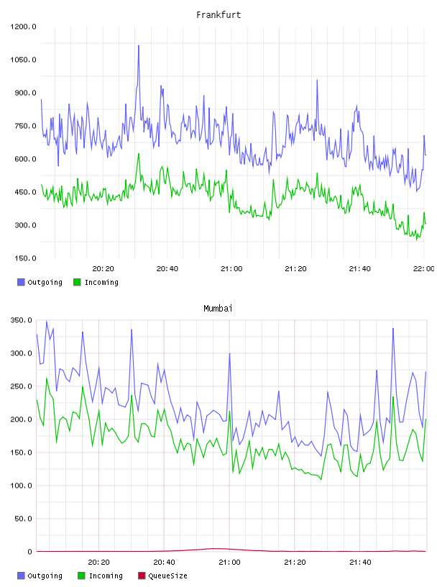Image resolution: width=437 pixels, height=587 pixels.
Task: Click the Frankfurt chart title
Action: pyautogui.click(x=218, y=14)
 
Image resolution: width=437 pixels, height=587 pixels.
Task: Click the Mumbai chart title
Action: pyautogui.click(x=218, y=308)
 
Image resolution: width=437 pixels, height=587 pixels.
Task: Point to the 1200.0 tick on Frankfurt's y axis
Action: pyautogui.click(x=23, y=27)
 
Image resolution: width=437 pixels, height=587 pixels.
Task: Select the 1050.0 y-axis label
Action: pyautogui.click(x=23, y=60)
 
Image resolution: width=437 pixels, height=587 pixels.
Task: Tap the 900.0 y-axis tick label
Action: pyautogui.click(x=25, y=93)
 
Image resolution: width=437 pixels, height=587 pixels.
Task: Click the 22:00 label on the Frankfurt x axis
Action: pyautogui.click(x=424, y=268)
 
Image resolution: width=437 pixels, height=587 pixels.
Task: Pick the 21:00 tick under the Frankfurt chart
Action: pyautogui.click(x=231, y=268)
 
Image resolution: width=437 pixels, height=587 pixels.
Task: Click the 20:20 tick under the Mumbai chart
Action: pyautogui.click(x=98, y=562)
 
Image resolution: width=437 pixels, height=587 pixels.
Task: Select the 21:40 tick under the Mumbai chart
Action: pyautogui.click(x=360, y=562)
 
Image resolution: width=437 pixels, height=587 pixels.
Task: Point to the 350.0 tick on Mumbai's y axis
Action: pyautogui.click(x=22, y=320)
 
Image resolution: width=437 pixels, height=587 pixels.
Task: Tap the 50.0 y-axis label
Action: pyautogui.click(x=23, y=519)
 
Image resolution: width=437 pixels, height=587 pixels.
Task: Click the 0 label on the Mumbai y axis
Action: pyautogui.click(x=30, y=552)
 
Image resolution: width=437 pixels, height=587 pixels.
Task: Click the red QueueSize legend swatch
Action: pyautogui.click(x=142, y=575)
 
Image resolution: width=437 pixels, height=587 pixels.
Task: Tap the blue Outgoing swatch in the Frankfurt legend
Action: pyautogui.click(x=21, y=282)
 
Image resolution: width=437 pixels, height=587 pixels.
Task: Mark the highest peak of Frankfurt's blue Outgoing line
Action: pyautogui.click(x=139, y=45)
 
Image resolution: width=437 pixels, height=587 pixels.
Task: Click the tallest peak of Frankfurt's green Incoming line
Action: pyautogui.click(x=139, y=153)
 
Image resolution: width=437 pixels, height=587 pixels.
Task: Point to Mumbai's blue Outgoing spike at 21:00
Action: pyautogui.click(x=230, y=353)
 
